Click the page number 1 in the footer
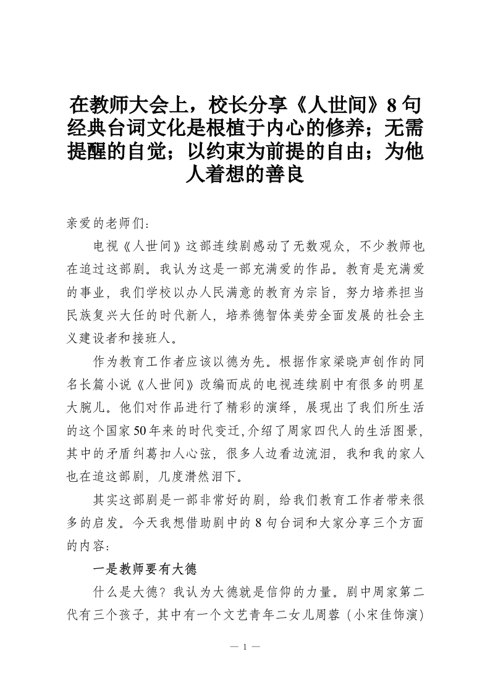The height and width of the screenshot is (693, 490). click(x=245, y=647)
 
